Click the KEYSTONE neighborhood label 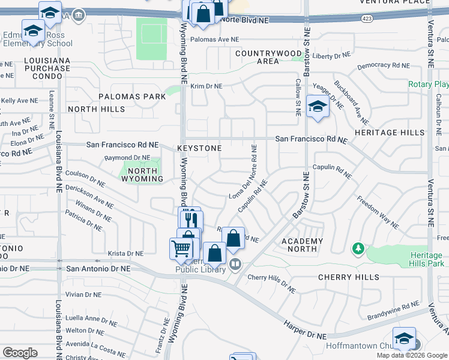(x=199, y=148)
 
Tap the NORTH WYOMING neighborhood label (x=142, y=175)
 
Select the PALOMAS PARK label (x=132, y=97)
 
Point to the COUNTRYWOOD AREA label (x=265, y=57)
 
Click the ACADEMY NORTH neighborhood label (x=303, y=245)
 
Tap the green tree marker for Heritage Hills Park (x=358, y=248)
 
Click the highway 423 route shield (x=366, y=19)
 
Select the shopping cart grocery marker (x=181, y=248)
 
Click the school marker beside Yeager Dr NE (x=318, y=107)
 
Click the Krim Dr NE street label (x=206, y=86)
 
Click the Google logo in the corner (x=20, y=353)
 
